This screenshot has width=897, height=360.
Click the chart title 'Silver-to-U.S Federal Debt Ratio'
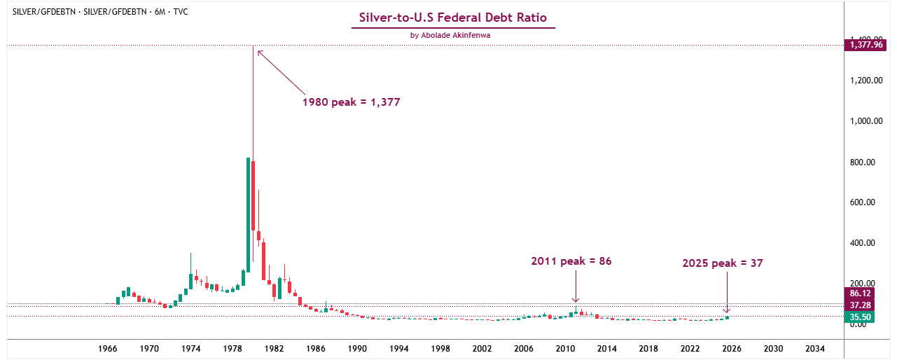click(x=452, y=18)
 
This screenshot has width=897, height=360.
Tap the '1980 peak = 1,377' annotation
click(x=351, y=102)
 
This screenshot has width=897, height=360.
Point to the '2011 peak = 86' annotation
click(x=571, y=261)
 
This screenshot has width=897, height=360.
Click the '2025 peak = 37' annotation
click(x=722, y=263)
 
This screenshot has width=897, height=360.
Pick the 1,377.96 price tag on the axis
click(x=865, y=45)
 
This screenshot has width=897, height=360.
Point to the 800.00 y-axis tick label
click(x=865, y=162)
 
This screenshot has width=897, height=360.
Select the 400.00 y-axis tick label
click(x=865, y=243)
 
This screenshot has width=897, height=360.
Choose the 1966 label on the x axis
click(x=107, y=348)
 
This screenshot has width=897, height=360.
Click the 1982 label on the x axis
click(x=274, y=348)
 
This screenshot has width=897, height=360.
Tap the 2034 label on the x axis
click(x=814, y=348)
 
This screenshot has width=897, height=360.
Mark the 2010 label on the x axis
click(x=565, y=348)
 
